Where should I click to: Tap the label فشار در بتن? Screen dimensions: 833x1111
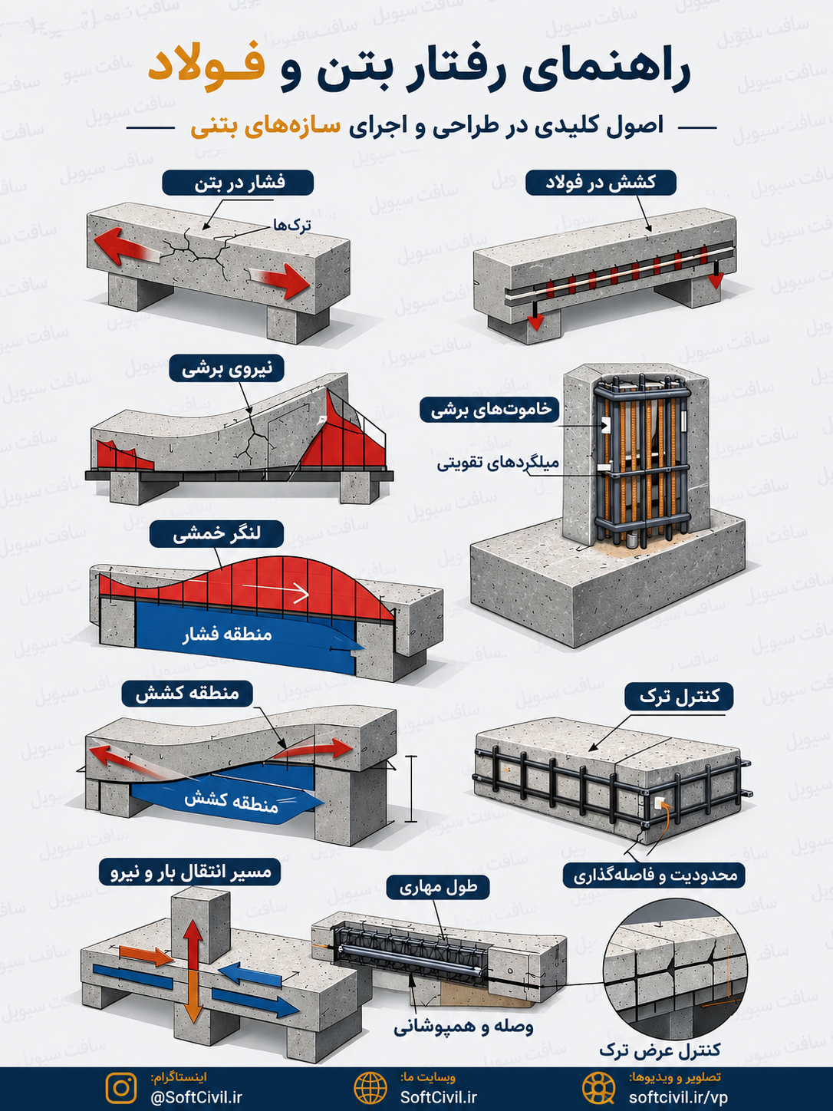click(238, 183)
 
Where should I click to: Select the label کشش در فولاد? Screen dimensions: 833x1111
click(601, 183)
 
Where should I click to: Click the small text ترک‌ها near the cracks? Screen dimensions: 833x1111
click(291, 226)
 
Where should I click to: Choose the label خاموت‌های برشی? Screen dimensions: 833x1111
click(489, 410)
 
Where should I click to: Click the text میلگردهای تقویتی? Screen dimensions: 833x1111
click(498, 463)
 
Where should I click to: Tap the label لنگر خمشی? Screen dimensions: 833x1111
click(216, 534)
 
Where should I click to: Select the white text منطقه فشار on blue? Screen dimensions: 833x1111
click(227, 634)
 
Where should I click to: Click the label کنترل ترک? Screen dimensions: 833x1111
click(679, 697)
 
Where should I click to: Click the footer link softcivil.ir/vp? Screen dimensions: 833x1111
click(678, 1097)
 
